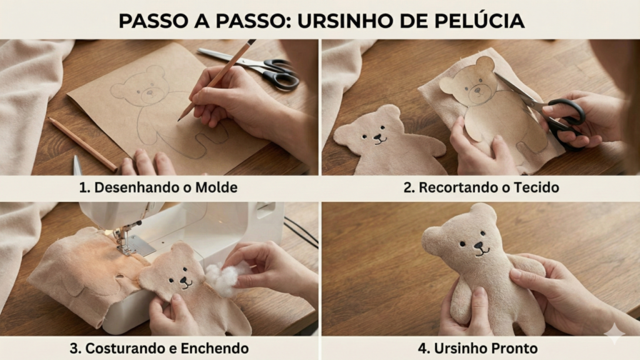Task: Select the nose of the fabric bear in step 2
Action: click(379, 137)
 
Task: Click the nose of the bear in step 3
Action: click(185, 280)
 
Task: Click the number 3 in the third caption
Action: click(74, 348)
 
